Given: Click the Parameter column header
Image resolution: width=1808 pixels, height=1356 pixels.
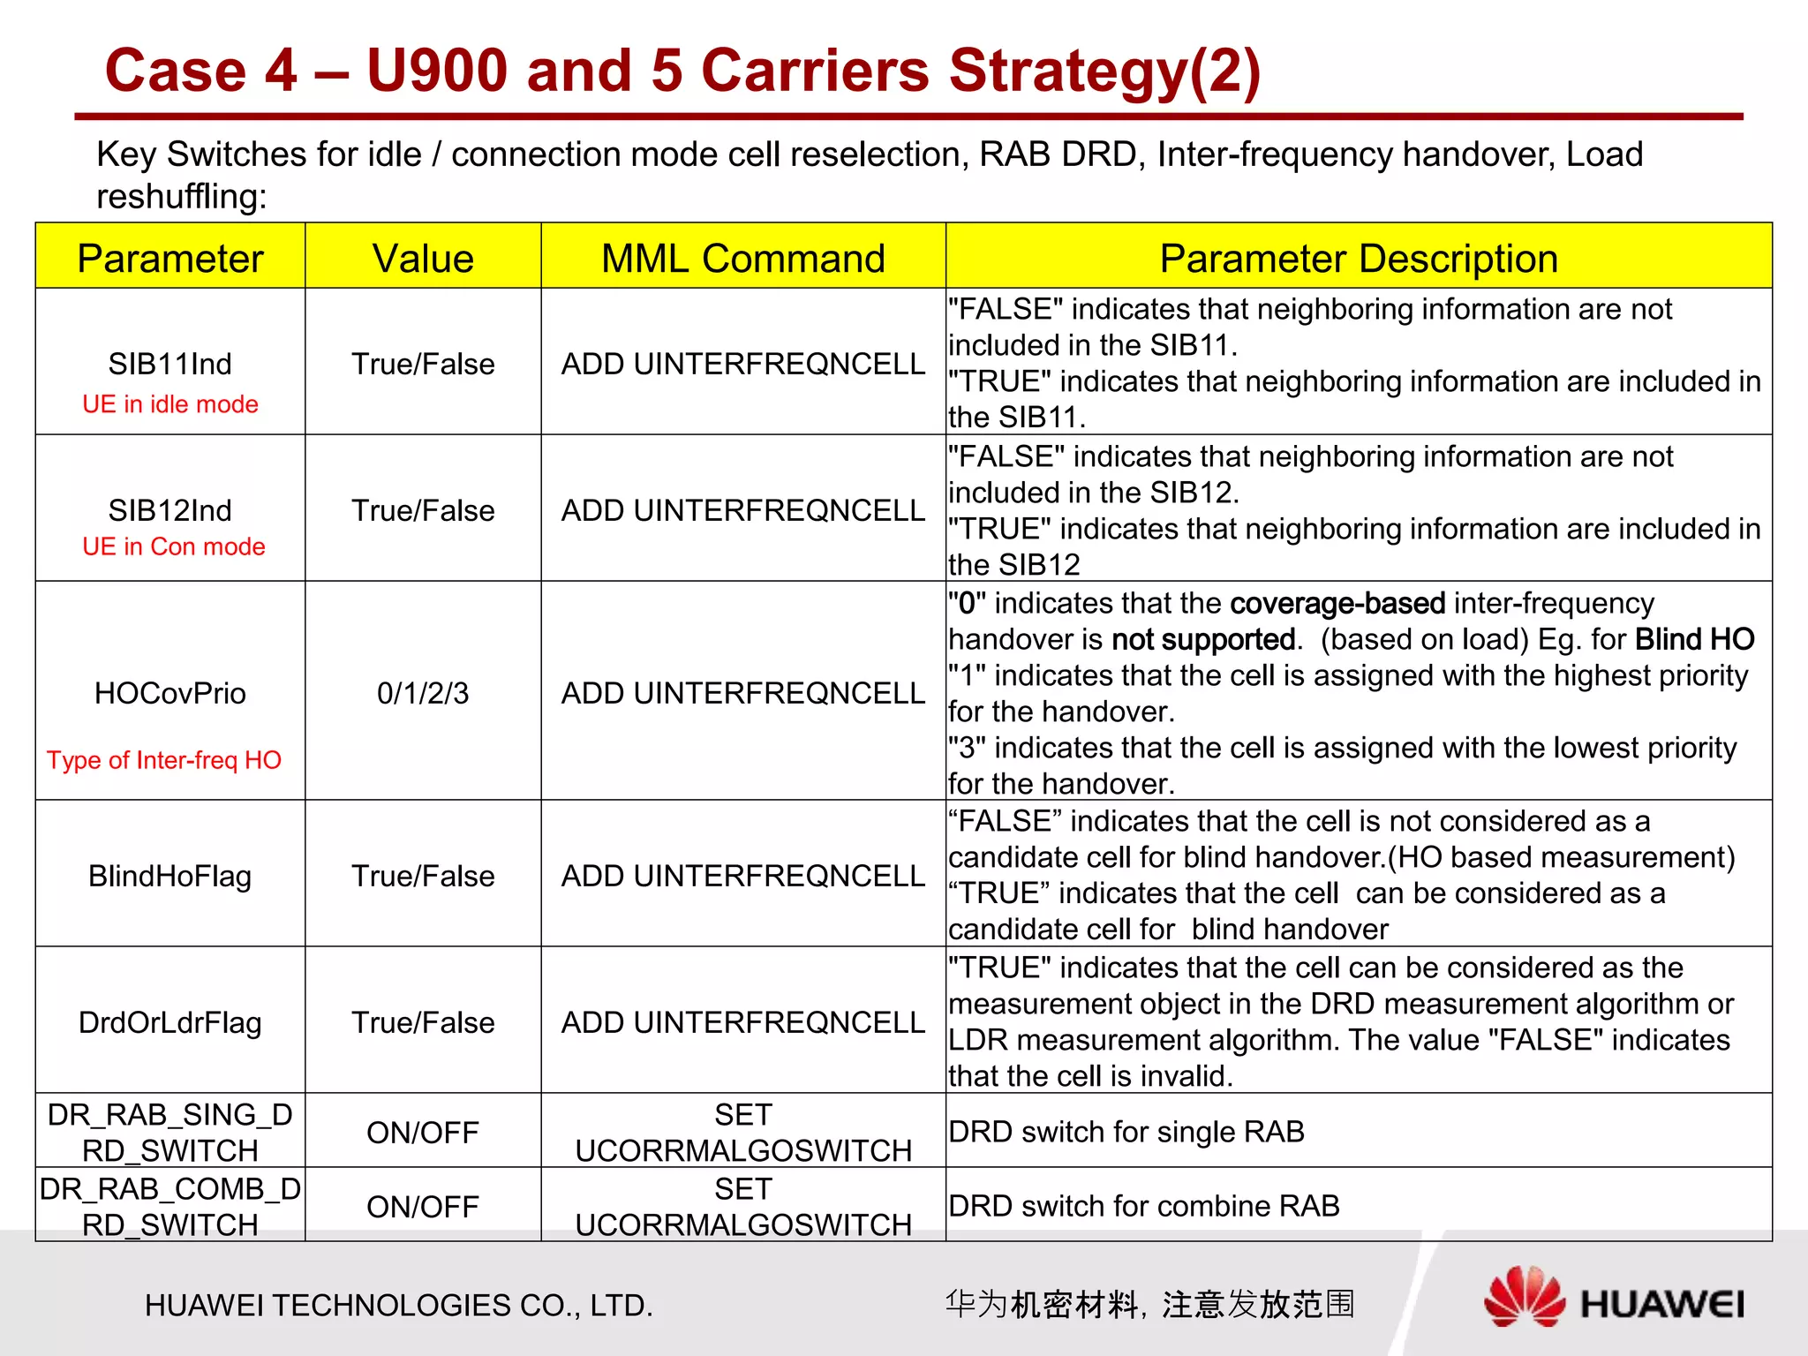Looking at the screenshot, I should [x=170, y=259].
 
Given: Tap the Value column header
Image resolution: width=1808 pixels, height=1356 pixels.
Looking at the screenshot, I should [x=423, y=259].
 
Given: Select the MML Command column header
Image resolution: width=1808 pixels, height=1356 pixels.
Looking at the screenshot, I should [x=742, y=259].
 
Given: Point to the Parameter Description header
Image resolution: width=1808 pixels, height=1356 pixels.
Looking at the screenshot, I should [x=1358, y=259].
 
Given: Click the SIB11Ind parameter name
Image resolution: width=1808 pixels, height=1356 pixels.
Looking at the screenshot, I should [x=170, y=364].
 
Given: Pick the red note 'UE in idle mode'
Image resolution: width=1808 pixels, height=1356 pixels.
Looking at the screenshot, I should [x=170, y=404].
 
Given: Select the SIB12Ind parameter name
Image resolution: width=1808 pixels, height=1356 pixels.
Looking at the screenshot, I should [x=170, y=510].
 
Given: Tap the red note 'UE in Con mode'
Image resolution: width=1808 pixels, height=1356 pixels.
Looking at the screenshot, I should [x=174, y=546].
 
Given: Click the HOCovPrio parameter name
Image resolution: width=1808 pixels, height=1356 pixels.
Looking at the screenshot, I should [x=170, y=693].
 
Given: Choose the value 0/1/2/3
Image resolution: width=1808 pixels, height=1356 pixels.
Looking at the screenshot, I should [x=423, y=693].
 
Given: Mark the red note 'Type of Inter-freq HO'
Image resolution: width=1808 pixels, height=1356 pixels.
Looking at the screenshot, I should [x=164, y=760].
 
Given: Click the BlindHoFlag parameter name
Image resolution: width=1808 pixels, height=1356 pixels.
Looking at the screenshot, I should [x=170, y=876].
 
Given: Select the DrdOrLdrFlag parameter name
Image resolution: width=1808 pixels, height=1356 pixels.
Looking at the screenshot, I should [x=170, y=1022].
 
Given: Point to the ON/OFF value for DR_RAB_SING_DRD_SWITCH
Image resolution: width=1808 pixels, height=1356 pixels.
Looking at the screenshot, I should [x=423, y=1133].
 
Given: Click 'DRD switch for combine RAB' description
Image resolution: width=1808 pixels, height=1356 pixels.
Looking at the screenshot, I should [x=1144, y=1206].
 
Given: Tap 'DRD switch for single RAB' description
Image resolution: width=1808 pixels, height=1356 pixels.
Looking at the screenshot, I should [x=1126, y=1132].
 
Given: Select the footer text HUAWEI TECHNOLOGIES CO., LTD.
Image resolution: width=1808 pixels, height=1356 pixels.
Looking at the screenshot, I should [x=399, y=1305].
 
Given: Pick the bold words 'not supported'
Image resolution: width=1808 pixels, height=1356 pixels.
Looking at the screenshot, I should [x=1203, y=639].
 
